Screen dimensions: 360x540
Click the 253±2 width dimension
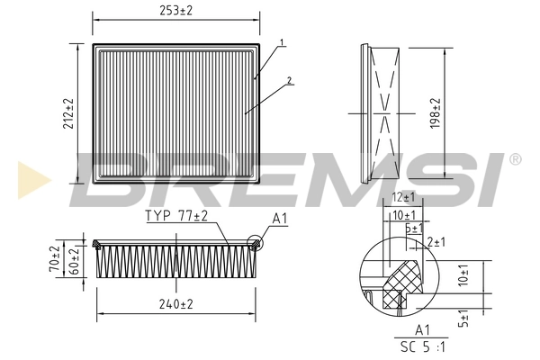(177, 10)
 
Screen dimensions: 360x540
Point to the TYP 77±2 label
(176, 217)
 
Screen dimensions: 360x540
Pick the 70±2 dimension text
(54, 259)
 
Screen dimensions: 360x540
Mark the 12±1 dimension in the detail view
(403, 198)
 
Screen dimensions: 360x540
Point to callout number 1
(282, 43)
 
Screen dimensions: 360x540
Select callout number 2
(290, 81)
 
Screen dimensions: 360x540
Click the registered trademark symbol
(514, 159)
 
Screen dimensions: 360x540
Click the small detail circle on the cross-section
(255, 241)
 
